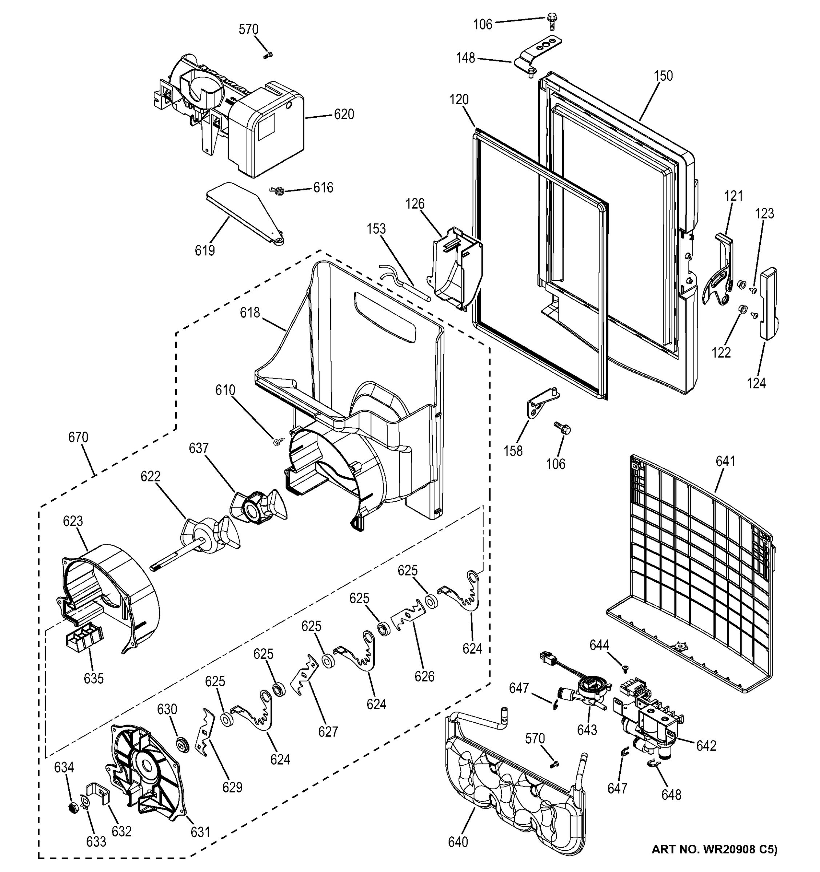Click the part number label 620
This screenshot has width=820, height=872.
click(x=344, y=114)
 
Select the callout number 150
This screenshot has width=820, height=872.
click(x=663, y=76)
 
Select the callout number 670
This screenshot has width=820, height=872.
click(x=78, y=437)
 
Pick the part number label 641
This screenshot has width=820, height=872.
click(x=725, y=461)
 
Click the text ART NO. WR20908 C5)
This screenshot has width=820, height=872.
click(x=714, y=862)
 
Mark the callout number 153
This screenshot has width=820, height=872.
click(x=376, y=229)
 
